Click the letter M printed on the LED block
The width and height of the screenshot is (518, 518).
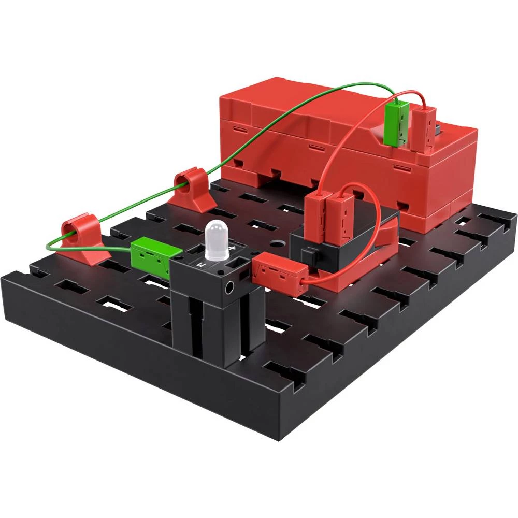point(204,265)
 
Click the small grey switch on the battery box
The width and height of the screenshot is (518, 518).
point(439,126)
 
